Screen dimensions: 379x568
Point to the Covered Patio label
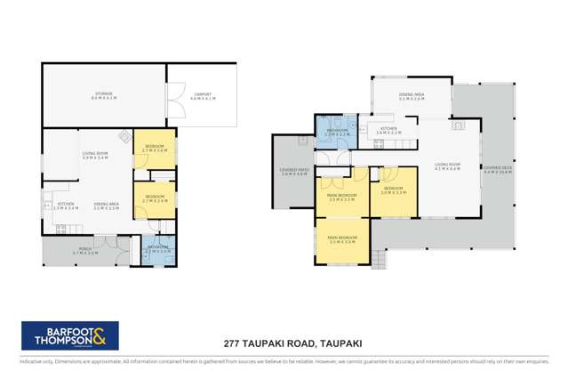tap(293, 173)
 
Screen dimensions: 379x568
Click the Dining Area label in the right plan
tap(411, 98)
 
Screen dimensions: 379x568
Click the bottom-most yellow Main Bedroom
tap(342, 239)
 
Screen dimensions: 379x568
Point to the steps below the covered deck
tap(380, 261)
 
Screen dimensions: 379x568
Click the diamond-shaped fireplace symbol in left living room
tap(126, 137)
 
